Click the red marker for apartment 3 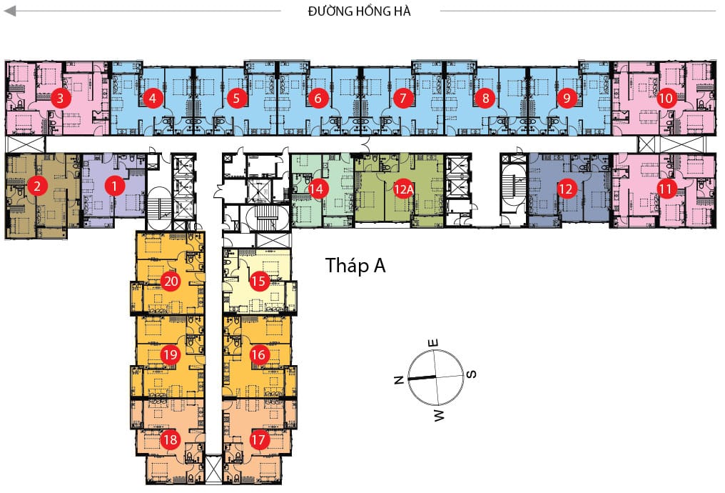(x=60, y=98)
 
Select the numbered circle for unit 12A (x=404, y=189)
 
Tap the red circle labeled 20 (x=171, y=281)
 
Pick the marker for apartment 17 (x=258, y=439)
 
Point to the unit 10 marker (x=666, y=98)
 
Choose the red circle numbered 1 (x=115, y=186)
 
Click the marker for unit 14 (x=316, y=189)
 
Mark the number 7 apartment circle (x=403, y=98)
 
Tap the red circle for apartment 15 (x=259, y=281)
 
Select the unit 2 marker (x=37, y=186)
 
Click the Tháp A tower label (x=355, y=266)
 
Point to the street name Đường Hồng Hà (x=359, y=11)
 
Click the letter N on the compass (x=399, y=379)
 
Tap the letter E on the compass (x=433, y=343)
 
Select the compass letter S (x=471, y=374)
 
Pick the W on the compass (x=439, y=415)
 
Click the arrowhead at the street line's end (x=9, y=11)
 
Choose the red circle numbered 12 (x=566, y=189)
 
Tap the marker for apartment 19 (x=171, y=354)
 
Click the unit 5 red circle (x=237, y=98)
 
